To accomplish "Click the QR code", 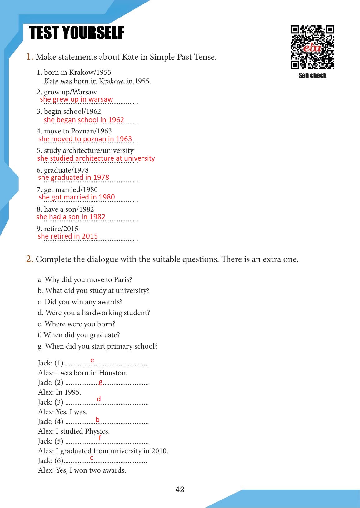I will (x=312, y=47).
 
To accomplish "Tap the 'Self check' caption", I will (x=312, y=75).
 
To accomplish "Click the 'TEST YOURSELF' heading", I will (x=77, y=33).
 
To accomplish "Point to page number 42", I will (x=180, y=490).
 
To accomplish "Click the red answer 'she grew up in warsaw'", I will (x=76, y=99).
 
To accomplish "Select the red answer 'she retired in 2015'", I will (x=68, y=236).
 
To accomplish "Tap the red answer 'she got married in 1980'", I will (x=77, y=197).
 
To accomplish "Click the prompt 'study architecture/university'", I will (x=89, y=151).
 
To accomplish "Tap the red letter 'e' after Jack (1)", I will (x=92, y=360).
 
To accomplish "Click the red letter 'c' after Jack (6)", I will (x=92, y=458).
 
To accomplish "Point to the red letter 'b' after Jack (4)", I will (x=98, y=420).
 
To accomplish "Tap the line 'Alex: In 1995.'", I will (x=59, y=392).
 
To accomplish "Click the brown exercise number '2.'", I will (x=30, y=259).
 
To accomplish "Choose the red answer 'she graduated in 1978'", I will (x=74, y=177).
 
